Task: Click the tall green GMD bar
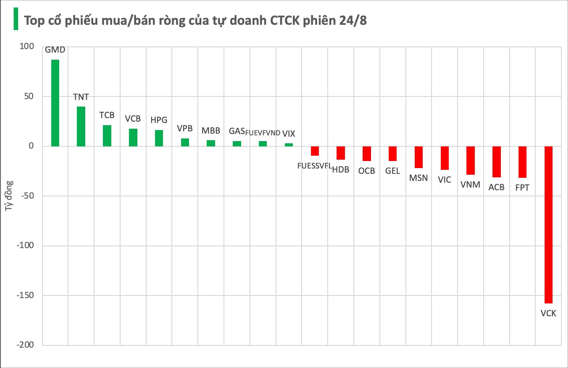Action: point(55,103)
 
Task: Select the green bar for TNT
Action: point(81,126)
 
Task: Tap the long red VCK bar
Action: point(549,225)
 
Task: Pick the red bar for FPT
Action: point(523,162)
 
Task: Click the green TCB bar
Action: point(107,136)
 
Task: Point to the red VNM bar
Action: point(470,161)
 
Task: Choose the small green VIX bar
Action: point(289,145)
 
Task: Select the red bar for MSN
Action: point(419,157)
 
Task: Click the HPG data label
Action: point(159,120)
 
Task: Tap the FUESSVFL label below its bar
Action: point(314,166)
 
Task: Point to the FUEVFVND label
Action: point(263,133)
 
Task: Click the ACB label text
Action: point(496,188)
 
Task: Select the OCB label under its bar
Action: point(367,171)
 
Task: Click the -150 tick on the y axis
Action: point(25,295)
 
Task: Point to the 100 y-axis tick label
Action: point(27,46)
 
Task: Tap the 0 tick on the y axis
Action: point(31,146)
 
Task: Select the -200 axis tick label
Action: point(25,345)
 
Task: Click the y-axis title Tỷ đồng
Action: point(9,195)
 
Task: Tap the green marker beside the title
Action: point(16,19)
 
